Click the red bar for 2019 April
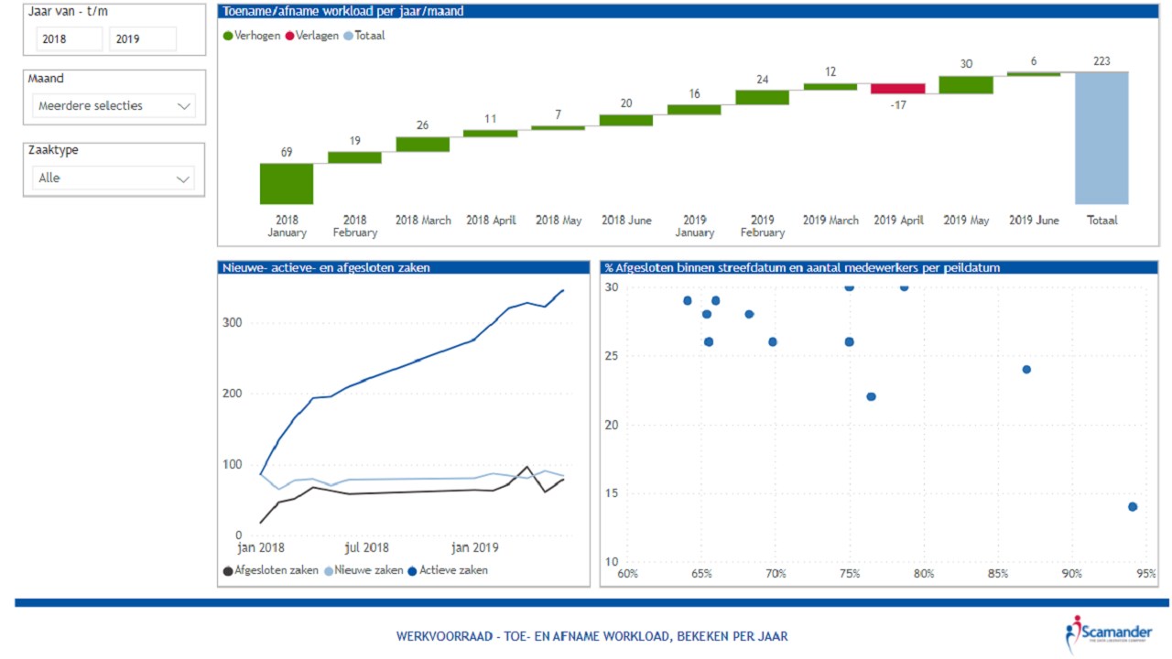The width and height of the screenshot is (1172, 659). click(x=897, y=89)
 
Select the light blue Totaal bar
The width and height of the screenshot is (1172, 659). click(x=1101, y=137)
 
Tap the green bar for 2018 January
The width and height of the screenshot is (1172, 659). click(x=287, y=183)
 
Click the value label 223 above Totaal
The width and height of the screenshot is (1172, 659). click(x=1101, y=61)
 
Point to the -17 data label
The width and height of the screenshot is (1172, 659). click(x=897, y=103)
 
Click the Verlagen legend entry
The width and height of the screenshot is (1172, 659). click(x=310, y=36)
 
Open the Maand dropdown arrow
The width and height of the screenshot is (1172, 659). click(x=184, y=106)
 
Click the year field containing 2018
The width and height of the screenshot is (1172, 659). click(x=70, y=39)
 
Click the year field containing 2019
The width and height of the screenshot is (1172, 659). click(x=143, y=39)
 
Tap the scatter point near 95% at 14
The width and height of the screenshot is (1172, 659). click(x=1133, y=507)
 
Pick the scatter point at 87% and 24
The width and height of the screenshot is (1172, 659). click(x=1026, y=370)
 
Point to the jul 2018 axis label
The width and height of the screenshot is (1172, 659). click(x=366, y=548)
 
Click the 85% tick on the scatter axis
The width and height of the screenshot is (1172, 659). click(x=997, y=574)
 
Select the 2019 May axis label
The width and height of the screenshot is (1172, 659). click(x=967, y=221)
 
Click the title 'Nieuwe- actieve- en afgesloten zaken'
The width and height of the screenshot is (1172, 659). click(x=326, y=268)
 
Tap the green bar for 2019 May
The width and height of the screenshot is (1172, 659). click(x=966, y=85)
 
